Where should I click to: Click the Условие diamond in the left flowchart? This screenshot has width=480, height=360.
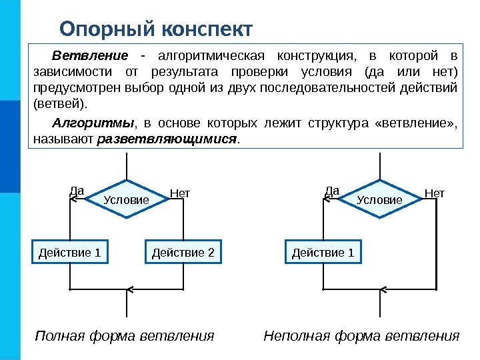(127, 199)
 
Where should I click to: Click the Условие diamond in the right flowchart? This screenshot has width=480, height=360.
(379, 199)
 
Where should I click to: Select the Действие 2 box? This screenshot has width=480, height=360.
(183, 253)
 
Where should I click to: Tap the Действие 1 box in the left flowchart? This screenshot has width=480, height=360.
(70, 253)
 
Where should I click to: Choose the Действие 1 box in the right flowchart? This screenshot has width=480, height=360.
(323, 253)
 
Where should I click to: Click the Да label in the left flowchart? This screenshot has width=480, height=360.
(76, 191)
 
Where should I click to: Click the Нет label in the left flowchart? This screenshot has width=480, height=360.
(180, 193)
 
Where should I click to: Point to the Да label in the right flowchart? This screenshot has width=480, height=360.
(332, 191)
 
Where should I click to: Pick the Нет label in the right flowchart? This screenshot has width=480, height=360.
(434, 193)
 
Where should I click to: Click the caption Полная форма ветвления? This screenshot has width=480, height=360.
(125, 335)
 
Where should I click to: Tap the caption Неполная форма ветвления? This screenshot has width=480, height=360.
(362, 335)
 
